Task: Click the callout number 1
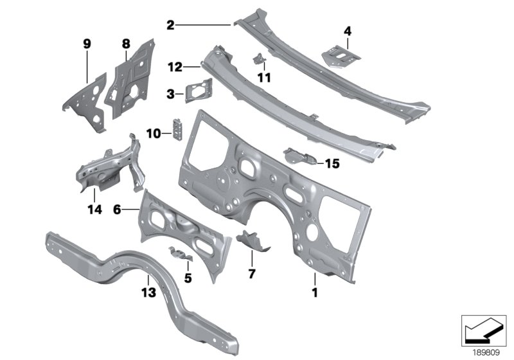[x=315, y=292]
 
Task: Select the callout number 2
[x=170, y=26]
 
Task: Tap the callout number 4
[x=348, y=30]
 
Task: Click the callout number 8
[x=126, y=44]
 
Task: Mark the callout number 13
[x=148, y=292]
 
